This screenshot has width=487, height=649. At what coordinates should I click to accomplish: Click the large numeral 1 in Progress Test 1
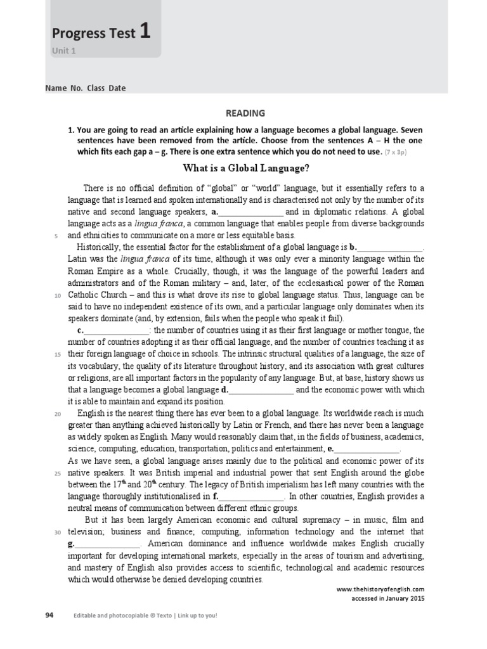[145, 31]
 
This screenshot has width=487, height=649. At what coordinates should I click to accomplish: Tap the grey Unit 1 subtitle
[63, 51]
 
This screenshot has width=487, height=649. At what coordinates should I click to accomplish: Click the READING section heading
[246, 113]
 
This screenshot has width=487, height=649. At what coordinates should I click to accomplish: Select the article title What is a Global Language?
[246, 168]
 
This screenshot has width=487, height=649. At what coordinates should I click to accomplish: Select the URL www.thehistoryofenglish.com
[380, 589]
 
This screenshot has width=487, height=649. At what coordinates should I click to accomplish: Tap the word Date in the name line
[117, 89]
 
